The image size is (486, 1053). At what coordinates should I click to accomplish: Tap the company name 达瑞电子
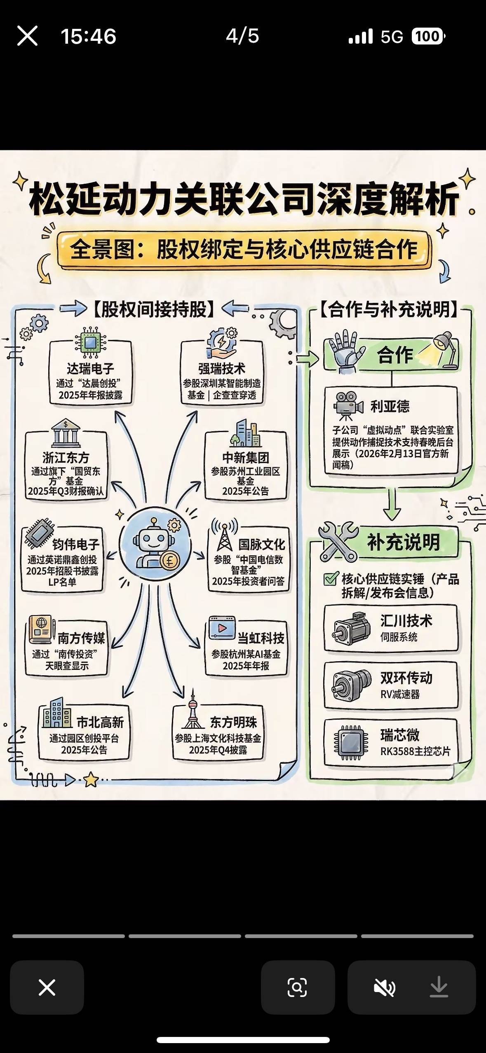(90, 368)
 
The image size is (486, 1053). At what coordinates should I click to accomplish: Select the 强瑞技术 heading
(222, 368)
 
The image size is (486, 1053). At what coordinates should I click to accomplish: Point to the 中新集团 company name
(246, 457)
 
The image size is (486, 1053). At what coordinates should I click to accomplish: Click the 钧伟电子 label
(76, 544)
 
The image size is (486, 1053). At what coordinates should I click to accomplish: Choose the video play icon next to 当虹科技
(222, 628)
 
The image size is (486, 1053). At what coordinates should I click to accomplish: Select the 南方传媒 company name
(81, 638)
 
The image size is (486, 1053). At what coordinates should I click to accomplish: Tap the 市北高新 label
(100, 722)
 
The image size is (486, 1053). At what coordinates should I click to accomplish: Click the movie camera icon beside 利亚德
(348, 405)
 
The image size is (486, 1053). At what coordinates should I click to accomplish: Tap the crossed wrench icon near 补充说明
(338, 541)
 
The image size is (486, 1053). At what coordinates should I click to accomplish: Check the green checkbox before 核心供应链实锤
(331, 579)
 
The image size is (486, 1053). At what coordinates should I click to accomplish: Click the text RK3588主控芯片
(415, 751)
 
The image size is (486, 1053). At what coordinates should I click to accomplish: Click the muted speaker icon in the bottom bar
(384, 987)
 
